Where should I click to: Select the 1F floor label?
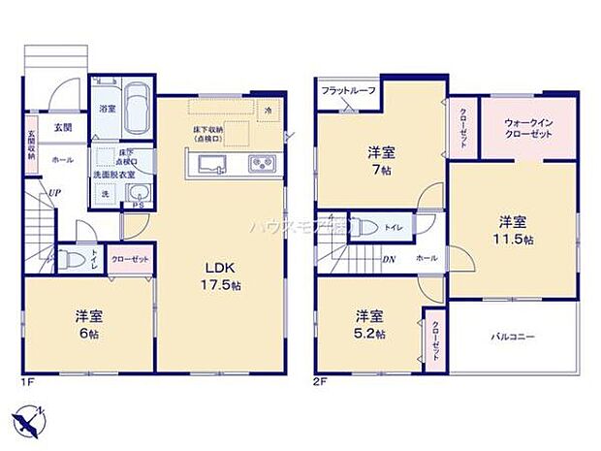coord(30,382)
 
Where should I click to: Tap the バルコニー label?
coord(514,337)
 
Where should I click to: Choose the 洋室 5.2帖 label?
coord(368,325)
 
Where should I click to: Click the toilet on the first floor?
coord(71,260)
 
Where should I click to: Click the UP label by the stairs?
coord(57,193)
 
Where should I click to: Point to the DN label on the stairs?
coord(388,259)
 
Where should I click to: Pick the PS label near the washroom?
coord(138,205)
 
